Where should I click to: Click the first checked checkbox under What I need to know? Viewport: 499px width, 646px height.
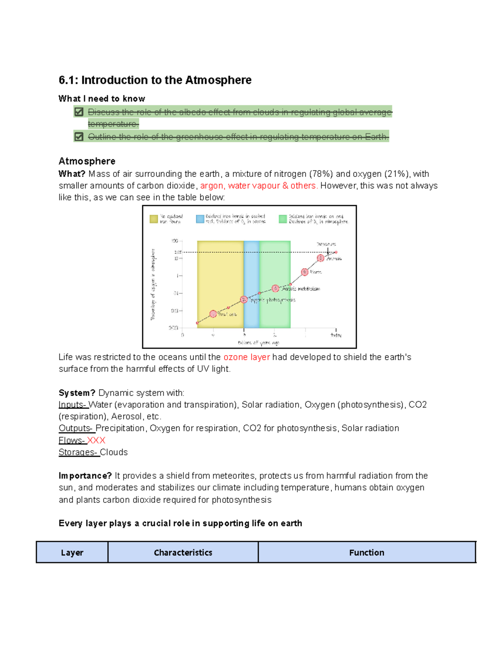click(x=79, y=112)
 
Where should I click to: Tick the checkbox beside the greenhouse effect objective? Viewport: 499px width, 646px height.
click(x=79, y=136)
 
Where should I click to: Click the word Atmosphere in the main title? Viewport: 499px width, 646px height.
click(x=218, y=80)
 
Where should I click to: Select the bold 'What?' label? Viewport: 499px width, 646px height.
click(x=72, y=174)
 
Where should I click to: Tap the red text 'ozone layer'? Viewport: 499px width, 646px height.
click(x=247, y=357)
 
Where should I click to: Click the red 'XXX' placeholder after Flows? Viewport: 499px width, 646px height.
click(x=96, y=440)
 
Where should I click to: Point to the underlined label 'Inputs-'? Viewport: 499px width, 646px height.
click(x=73, y=405)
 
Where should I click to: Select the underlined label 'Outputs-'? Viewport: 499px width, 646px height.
click(x=77, y=428)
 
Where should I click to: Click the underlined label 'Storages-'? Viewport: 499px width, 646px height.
click(x=79, y=452)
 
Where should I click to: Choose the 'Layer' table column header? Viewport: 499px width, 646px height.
click(x=72, y=552)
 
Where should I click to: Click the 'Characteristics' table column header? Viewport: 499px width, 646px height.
click(x=183, y=552)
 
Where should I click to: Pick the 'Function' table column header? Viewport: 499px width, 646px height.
click(x=366, y=552)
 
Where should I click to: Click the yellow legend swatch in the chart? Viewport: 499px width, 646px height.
click(x=154, y=219)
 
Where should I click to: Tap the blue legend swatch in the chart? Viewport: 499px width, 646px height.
click(x=200, y=219)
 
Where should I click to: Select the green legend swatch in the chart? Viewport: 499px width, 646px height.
click(x=283, y=219)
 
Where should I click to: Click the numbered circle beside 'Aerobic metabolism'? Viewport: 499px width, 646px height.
click(x=275, y=288)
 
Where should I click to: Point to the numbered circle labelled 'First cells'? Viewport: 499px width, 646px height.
click(x=213, y=314)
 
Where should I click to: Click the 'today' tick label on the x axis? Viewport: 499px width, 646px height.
click(x=336, y=335)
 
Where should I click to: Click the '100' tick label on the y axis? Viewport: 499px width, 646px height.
click(x=175, y=241)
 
